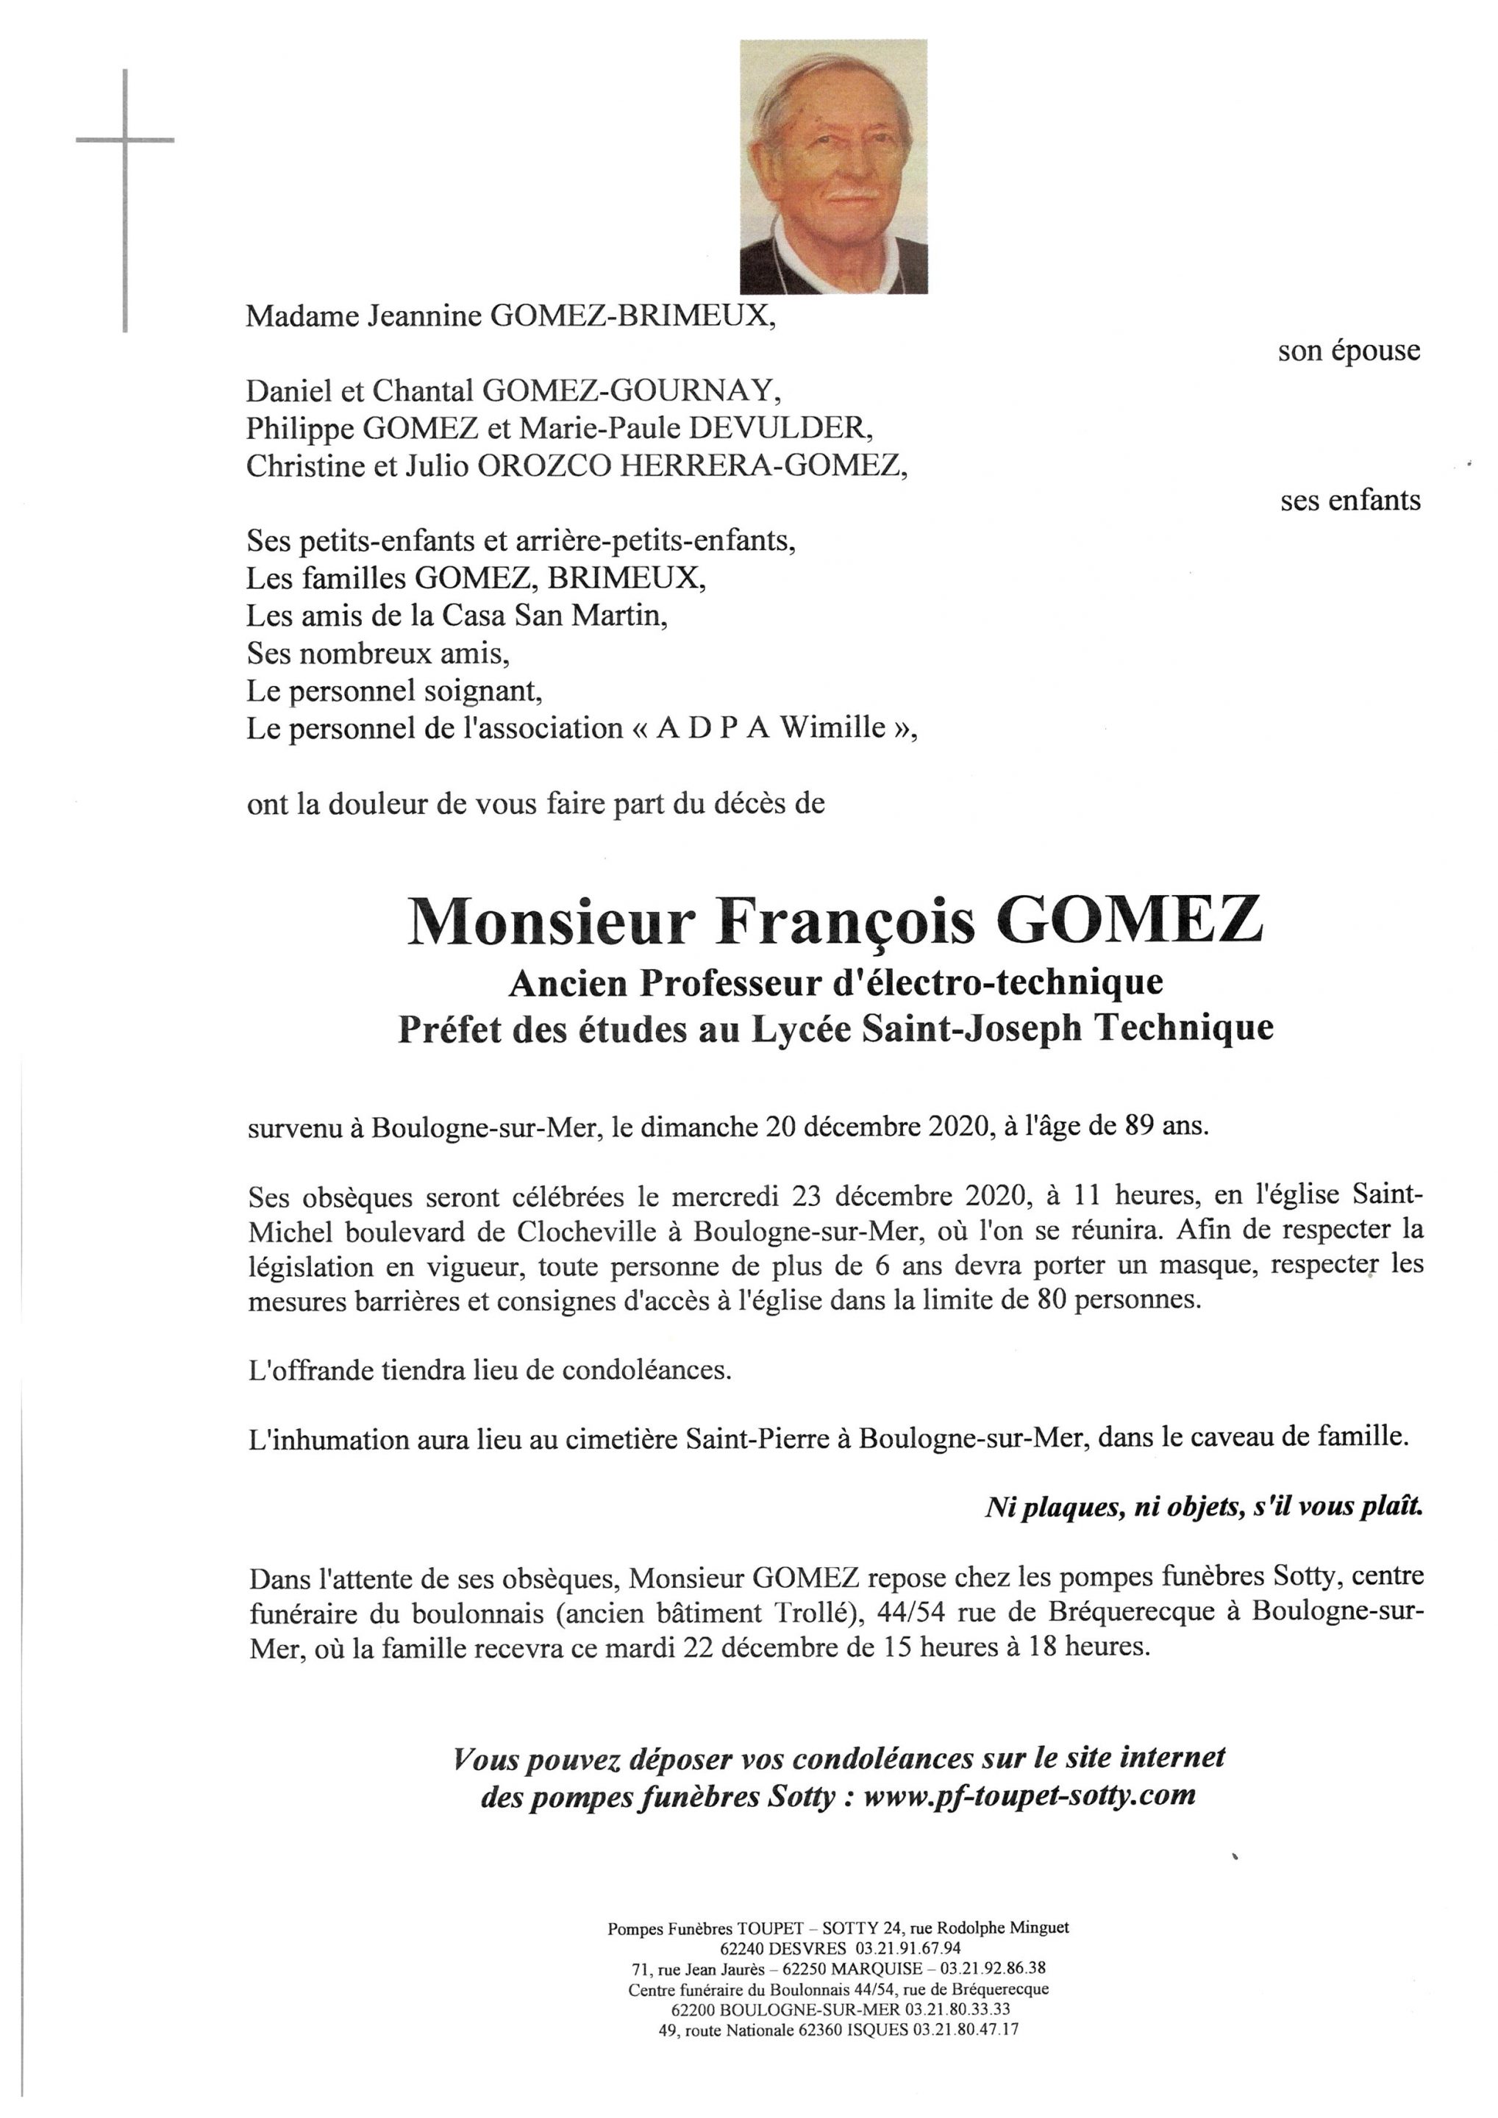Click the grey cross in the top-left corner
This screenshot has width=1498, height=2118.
click(124, 141)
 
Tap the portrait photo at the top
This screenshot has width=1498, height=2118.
click(833, 166)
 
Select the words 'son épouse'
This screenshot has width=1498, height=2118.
click(1349, 351)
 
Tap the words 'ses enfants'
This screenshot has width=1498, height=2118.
click(1349, 500)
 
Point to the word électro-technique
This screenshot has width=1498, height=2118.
click(997, 983)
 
